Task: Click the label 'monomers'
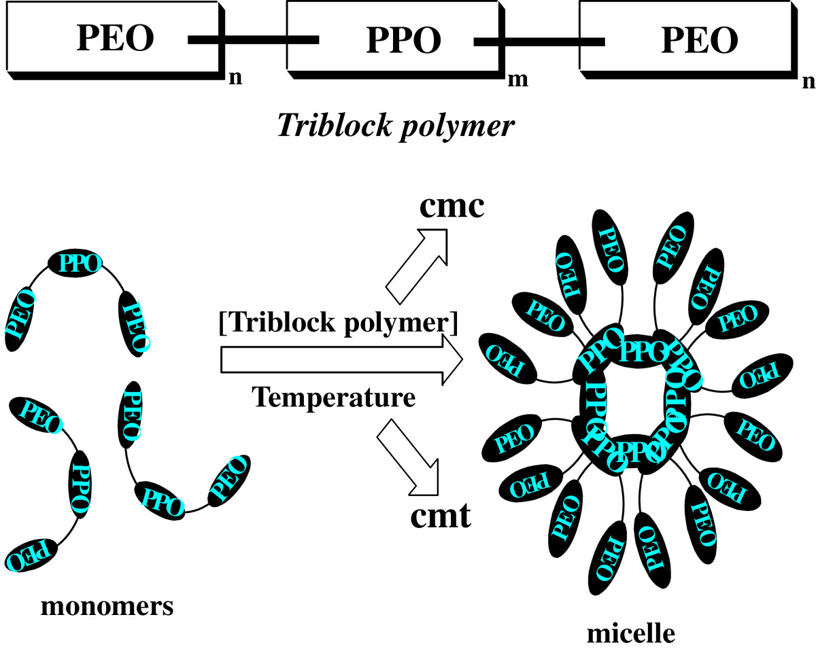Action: coord(107,606)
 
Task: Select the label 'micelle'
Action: coord(631,633)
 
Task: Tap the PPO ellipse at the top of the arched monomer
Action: coord(75,262)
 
